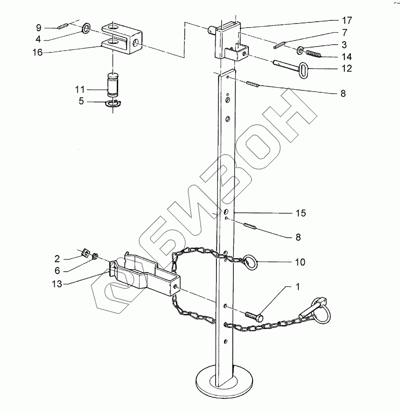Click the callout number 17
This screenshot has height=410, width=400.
tap(347, 20)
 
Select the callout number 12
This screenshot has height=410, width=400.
tap(347, 68)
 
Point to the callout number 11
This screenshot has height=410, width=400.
tap(80, 89)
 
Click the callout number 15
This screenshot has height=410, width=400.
tap(301, 213)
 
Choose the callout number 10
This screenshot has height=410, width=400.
tap(300, 262)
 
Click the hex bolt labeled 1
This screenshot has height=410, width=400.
tap(254, 316)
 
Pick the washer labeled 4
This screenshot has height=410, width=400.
tap(86, 29)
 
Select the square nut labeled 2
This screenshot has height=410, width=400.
tap(86, 253)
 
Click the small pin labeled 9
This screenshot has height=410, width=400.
tap(63, 25)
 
